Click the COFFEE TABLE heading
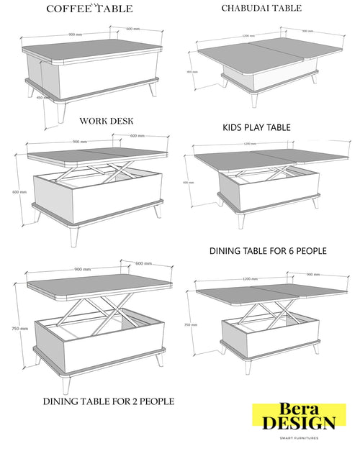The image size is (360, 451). (x=89, y=9)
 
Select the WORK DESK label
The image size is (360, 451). (x=106, y=121)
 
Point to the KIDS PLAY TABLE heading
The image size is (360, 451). (x=256, y=127)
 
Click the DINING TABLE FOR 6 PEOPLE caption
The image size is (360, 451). (x=268, y=251)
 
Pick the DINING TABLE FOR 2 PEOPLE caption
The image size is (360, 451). (x=108, y=401)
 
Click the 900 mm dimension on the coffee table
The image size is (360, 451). (x=74, y=34)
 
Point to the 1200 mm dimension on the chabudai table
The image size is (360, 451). (x=248, y=35)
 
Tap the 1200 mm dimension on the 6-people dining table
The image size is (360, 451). (x=251, y=278)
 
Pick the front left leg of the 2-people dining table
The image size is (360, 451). (x=67, y=384)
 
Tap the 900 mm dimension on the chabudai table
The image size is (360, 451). (x=307, y=31)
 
